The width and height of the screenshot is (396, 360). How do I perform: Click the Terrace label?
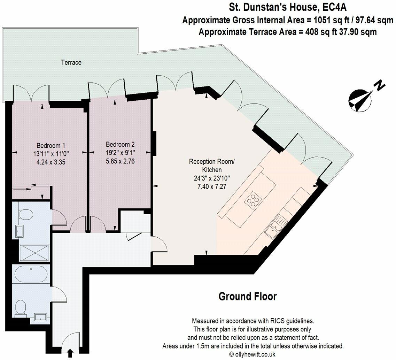click(x=71, y=62)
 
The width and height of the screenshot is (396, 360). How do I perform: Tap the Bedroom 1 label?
click(x=51, y=145)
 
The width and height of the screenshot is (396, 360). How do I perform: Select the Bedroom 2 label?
click(x=120, y=144)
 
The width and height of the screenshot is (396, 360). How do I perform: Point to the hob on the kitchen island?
click(x=253, y=200)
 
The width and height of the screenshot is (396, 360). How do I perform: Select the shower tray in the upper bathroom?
click(x=34, y=253)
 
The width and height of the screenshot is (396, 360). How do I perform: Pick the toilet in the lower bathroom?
click(x=21, y=307)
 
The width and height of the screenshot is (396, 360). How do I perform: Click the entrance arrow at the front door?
click(x=70, y=353)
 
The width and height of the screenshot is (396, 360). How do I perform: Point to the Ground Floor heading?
click(x=247, y=297)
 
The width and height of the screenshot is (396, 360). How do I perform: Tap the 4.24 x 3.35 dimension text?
click(x=51, y=162)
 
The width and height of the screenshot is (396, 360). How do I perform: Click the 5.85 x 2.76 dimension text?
click(x=120, y=161)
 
